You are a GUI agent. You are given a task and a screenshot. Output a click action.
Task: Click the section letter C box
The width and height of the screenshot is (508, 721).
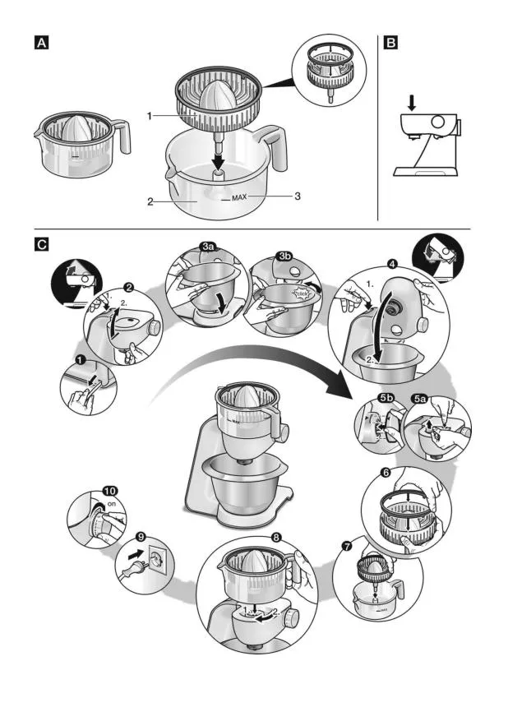41,243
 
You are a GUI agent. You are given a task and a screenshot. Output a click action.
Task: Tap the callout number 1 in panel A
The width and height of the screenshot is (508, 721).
150,117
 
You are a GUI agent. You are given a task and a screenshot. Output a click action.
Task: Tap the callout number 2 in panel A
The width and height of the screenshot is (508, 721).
150,201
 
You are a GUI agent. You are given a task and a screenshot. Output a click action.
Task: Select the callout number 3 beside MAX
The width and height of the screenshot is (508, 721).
298,196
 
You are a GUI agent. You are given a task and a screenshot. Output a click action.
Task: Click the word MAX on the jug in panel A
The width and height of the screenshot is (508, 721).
239,197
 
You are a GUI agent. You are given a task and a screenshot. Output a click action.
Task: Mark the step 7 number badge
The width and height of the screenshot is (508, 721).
348,545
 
